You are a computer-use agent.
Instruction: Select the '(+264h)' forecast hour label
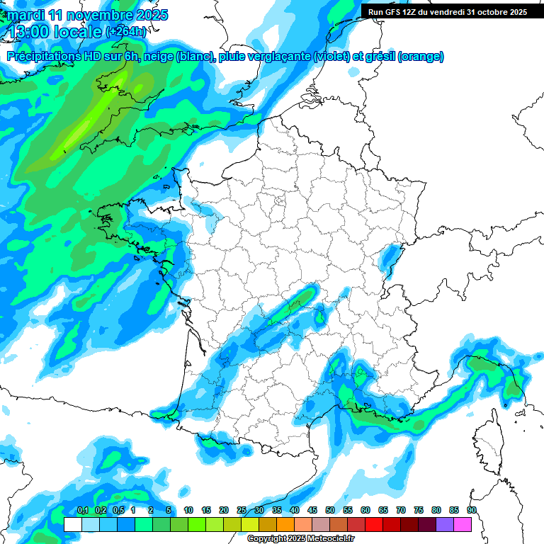pos(126,32)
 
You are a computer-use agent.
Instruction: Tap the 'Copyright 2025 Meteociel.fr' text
pos(300,538)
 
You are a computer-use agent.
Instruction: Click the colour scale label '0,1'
pos(82,511)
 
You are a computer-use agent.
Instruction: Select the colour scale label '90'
pos(472,511)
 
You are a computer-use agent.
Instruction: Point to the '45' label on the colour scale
pos(312,511)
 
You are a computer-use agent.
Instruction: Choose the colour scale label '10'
pos(188,511)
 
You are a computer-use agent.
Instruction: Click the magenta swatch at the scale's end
pos(463,524)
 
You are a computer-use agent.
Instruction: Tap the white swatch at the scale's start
pos(73,524)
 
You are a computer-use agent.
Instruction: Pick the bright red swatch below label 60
pos(374,524)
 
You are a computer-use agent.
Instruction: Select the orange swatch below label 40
pos(285,524)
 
